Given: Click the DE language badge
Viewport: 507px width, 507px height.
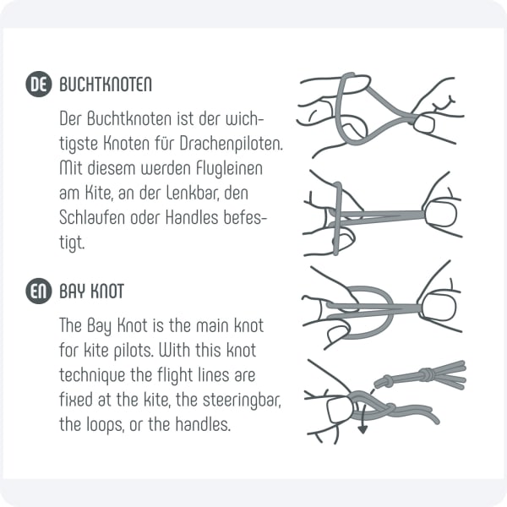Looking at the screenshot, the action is pos(39,84).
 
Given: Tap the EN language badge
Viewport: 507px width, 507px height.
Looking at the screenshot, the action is pos(39,291).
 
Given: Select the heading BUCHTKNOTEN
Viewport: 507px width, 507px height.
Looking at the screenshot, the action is pos(106,84).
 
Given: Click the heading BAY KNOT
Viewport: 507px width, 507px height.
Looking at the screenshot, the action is pos(92,292).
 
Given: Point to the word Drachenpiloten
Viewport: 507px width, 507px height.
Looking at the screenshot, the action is pos(232,144).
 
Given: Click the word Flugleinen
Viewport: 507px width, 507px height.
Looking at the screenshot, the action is pos(229,169).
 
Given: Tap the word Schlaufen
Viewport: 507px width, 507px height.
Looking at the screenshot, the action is pos(92,218).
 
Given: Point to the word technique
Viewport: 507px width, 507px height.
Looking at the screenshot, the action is pos(92,376).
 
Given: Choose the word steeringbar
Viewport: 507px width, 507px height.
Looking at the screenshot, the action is pos(242,401).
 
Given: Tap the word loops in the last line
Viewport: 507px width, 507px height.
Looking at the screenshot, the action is pos(106,425).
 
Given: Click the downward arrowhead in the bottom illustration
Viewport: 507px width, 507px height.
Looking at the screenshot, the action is pos(363,430).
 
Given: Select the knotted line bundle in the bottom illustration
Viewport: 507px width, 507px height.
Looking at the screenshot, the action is pos(420,376).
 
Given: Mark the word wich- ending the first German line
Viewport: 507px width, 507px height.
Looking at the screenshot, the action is pos(245,119).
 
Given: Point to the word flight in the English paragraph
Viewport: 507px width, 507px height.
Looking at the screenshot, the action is pos(175,376).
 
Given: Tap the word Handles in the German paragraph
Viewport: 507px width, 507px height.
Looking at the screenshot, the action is pos(192,218).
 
